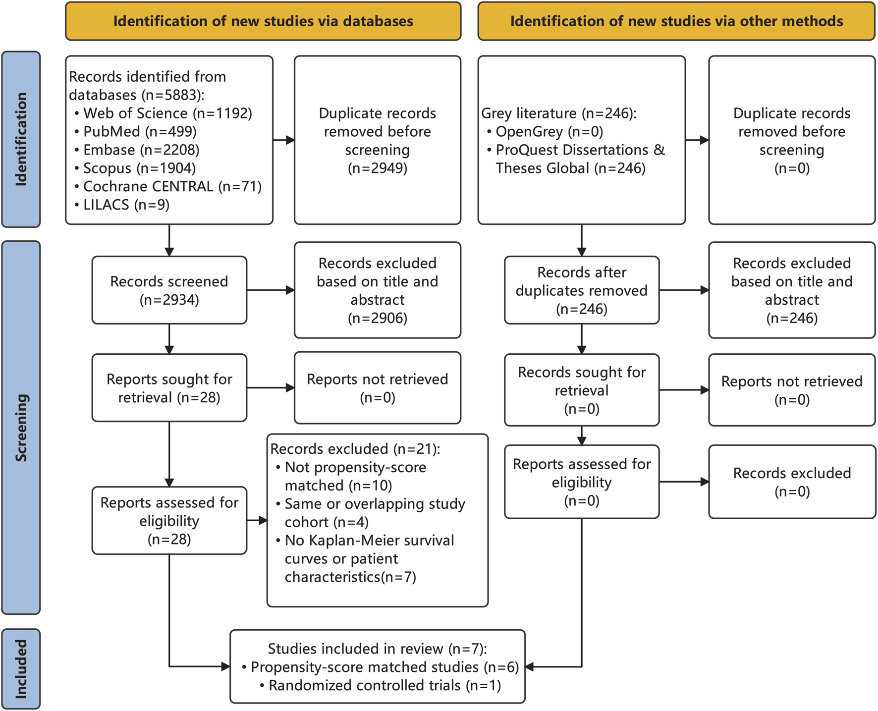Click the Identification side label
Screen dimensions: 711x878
(x=21, y=139)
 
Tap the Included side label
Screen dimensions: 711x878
(x=21, y=668)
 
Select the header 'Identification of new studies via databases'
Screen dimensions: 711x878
(x=263, y=21)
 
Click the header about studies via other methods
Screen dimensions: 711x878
(x=676, y=21)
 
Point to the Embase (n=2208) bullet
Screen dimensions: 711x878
(x=141, y=150)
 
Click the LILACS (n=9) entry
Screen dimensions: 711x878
(x=126, y=205)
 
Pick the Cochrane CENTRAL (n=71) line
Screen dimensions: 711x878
(x=172, y=186)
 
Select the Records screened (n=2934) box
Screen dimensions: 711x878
(x=169, y=290)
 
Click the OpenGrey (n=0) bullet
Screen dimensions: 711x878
(x=549, y=131)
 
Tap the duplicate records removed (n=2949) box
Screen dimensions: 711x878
(x=377, y=140)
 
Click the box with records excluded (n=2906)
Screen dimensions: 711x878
(x=377, y=290)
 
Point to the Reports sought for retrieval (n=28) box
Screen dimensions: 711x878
(x=169, y=387)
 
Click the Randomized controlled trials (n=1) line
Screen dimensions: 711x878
(x=384, y=685)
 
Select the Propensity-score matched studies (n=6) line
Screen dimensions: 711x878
(x=384, y=667)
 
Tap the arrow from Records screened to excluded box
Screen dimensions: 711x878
(x=270, y=290)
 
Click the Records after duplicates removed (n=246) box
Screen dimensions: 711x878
(x=581, y=290)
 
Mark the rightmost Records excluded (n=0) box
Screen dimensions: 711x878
(x=791, y=482)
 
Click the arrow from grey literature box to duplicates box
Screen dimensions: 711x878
(x=697, y=140)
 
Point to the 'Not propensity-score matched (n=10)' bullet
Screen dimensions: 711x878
(x=355, y=476)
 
